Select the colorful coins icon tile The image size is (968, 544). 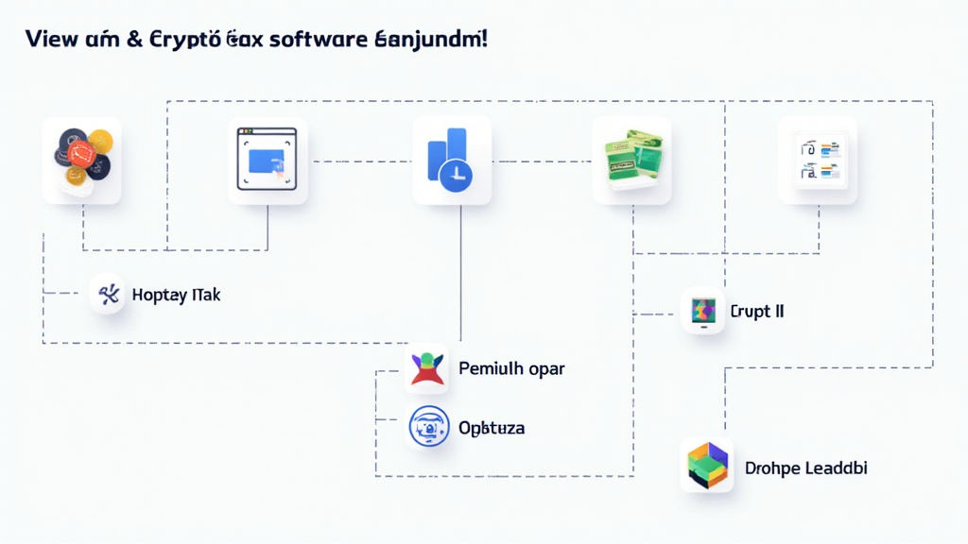(81, 160)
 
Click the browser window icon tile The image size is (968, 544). (268, 160)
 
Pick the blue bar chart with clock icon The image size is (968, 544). (452, 160)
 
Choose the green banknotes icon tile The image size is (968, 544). (631, 160)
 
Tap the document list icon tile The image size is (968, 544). (817, 160)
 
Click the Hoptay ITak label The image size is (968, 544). (176, 295)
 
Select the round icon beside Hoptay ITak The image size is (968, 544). (108, 295)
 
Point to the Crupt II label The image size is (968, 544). (757, 311)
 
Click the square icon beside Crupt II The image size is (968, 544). (702, 311)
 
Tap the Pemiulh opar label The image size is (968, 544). (510, 368)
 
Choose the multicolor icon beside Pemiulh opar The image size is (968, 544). (427, 368)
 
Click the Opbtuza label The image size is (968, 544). (491, 428)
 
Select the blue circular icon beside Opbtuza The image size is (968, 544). (427, 427)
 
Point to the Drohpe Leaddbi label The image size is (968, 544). (805, 467)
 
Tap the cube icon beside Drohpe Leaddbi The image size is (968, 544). (707, 467)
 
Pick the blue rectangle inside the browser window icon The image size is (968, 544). (266, 161)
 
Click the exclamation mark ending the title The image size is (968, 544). (485, 40)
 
